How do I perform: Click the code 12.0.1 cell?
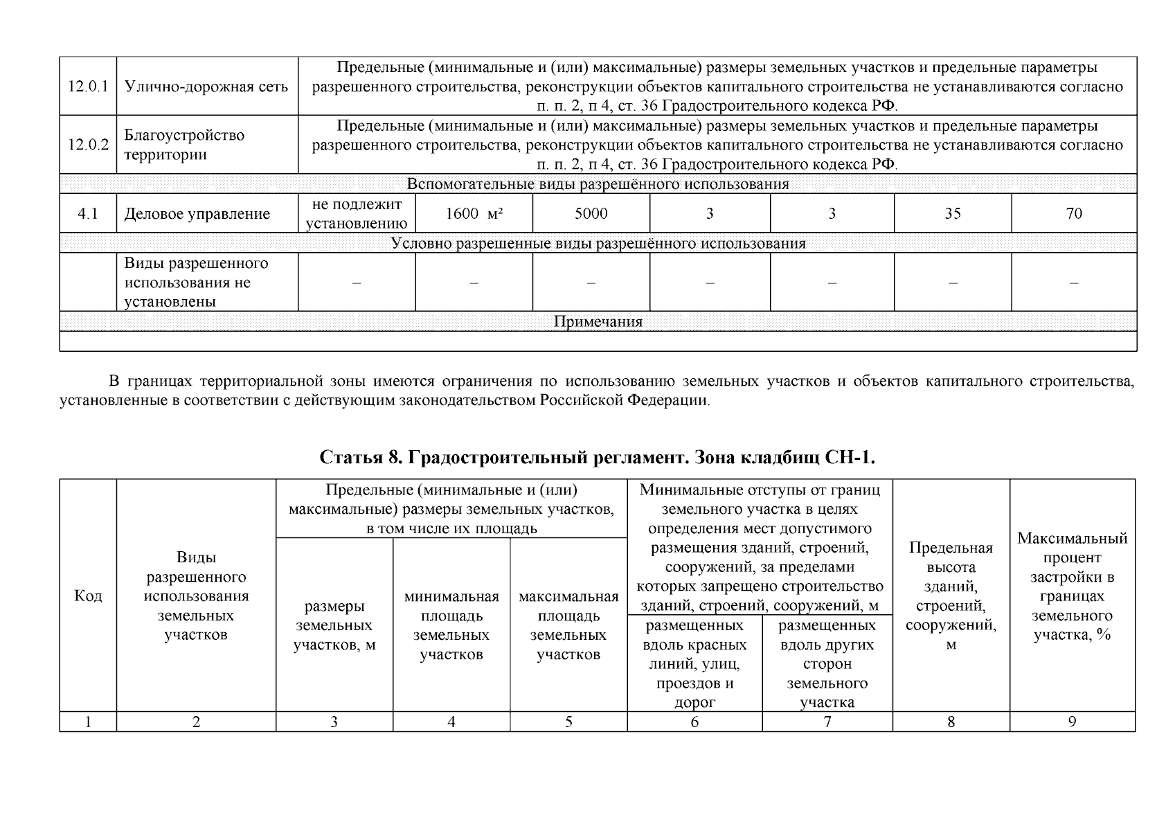coord(88,87)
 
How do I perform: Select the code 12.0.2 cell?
coord(88,145)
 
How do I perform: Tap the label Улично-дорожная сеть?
coord(206,87)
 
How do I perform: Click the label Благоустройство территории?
coord(184,145)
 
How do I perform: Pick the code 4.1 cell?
coord(88,214)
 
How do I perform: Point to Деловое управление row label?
coord(197,214)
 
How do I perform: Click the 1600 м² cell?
coord(474,213)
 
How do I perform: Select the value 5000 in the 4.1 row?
coord(591,213)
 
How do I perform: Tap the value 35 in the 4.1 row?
coord(953,213)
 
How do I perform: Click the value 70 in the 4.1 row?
coord(1074,213)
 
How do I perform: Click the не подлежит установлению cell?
coord(357,213)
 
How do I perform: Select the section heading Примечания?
coord(598,322)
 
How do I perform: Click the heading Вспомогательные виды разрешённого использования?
coord(598,184)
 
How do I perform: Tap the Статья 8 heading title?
coord(598,458)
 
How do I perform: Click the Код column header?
coord(88,596)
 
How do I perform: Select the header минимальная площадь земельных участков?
coord(451,625)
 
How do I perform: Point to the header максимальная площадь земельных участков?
coord(568,625)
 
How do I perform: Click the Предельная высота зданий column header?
coord(951,596)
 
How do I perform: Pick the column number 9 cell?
coord(1072,722)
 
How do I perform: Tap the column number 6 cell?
coord(694,722)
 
